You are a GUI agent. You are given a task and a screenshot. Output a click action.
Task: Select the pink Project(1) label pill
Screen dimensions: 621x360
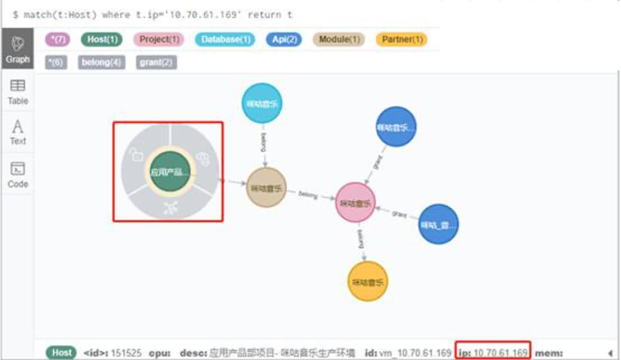tap(158, 40)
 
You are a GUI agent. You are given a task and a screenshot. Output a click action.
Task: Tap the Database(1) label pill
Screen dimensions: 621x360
tap(224, 40)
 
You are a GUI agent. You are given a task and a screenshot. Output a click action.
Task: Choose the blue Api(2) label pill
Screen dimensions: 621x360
tap(284, 40)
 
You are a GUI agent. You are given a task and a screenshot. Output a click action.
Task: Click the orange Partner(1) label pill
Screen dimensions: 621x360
tap(401, 40)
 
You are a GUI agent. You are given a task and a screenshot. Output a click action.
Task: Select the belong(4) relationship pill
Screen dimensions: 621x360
tap(102, 62)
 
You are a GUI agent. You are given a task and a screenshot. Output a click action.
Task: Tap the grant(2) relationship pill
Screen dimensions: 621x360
tap(156, 62)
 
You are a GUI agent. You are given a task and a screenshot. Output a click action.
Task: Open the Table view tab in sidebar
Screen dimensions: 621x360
tap(18, 92)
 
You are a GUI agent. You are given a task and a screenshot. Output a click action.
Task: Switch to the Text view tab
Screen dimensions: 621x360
tap(18, 132)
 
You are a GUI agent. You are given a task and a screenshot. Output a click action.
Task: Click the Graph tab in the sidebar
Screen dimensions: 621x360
tap(18, 50)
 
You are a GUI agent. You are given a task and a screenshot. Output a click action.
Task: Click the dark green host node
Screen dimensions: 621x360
tap(170, 172)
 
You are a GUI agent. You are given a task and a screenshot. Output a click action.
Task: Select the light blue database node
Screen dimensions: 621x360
tap(262, 103)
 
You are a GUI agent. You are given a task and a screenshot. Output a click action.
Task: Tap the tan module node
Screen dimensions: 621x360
tap(266, 188)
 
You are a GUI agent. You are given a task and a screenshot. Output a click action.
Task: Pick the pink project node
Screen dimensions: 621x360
tap(355, 203)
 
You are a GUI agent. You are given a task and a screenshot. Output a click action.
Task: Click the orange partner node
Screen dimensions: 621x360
tap(368, 282)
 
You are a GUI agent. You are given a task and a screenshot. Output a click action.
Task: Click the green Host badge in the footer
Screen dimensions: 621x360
tap(61, 353)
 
